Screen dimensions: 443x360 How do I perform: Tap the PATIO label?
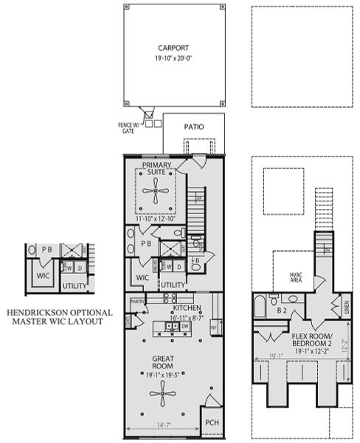[195, 126]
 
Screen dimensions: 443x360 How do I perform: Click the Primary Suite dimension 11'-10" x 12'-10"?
[156, 219]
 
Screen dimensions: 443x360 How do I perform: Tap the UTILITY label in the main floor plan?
[173, 284]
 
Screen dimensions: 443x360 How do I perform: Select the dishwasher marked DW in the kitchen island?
[186, 326]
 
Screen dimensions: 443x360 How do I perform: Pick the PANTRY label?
[136, 302]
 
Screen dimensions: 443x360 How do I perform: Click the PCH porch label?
[212, 422]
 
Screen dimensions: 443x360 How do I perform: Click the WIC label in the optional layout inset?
[38, 277]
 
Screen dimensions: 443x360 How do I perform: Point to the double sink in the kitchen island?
[167, 326]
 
